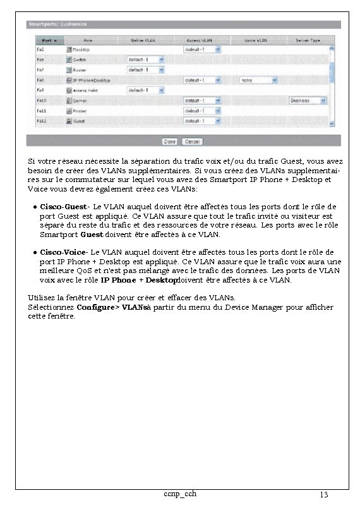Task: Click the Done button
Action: click(169, 142)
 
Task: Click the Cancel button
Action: click(193, 142)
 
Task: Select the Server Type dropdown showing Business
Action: click(308, 101)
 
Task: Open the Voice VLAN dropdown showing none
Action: click(258, 80)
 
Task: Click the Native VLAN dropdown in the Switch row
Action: click(146, 59)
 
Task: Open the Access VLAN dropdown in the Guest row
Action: click(202, 121)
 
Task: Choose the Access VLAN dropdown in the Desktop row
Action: click(202, 49)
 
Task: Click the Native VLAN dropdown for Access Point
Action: click(146, 90)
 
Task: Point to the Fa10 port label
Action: click(41, 101)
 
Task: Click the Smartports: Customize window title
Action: click(57, 25)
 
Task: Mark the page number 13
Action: click(324, 494)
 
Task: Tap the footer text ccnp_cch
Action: click(179, 493)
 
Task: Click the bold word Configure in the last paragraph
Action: click(97, 307)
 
